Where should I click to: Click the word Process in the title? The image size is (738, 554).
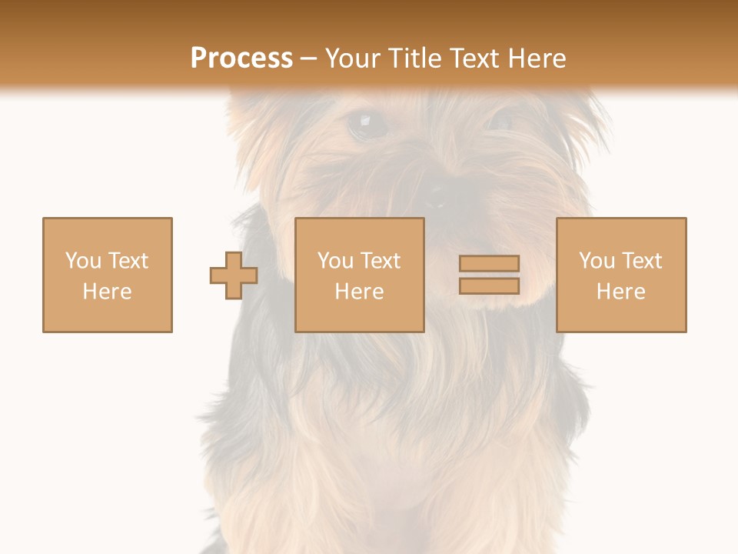pos(241,58)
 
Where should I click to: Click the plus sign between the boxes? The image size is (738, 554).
pos(234,275)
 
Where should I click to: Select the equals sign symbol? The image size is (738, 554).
pos(489,275)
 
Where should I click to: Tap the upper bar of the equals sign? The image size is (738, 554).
pos(489,263)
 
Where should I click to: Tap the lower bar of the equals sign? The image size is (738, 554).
pos(489,286)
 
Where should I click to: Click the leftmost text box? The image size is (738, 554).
pos(108,275)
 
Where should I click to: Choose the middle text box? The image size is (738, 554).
pos(359,275)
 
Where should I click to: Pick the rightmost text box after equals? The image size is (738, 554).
pos(621,275)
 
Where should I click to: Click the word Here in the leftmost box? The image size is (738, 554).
pos(108,292)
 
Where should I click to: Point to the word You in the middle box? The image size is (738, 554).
pos(335,261)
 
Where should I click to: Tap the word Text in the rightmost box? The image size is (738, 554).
pos(642,261)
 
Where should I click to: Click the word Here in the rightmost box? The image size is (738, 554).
pos(621,292)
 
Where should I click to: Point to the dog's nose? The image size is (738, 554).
pos(437,195)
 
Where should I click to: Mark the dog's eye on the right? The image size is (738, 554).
pos(500,121)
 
